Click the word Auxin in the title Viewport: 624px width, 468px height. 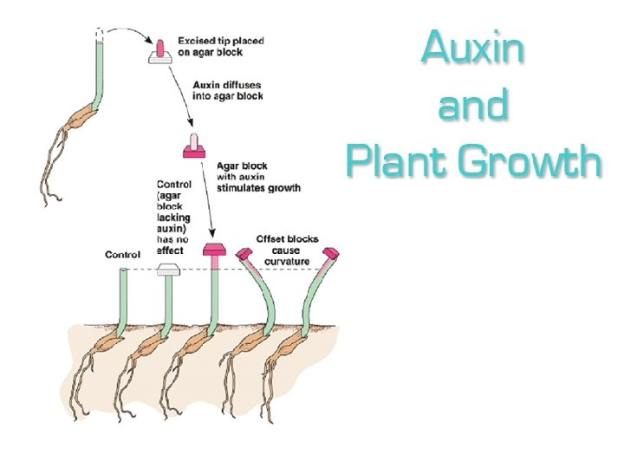(x=473, y=49)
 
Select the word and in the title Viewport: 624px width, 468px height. (x=473, y=105)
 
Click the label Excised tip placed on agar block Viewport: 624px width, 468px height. (x=220, y=46)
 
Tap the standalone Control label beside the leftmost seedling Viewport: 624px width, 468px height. (x=122, y=255)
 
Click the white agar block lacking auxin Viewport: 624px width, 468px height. (x=169, y=270)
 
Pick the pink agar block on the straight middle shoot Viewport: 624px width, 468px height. (x=213, y=251)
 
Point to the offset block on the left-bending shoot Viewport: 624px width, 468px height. (x=246, y=254)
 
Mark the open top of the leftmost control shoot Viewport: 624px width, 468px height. (x=125, y=271)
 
